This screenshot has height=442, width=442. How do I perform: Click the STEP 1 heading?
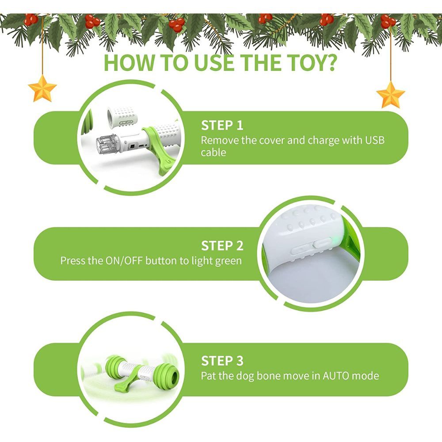pyautogui.click(x=222, y=126)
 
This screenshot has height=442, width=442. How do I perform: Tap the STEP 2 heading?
pyautogui.click(x=222, y=246)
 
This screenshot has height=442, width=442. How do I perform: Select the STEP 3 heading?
pyautogui.click(x=222, y=361)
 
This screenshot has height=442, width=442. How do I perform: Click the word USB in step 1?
pyautogui.click(x=375, y=140)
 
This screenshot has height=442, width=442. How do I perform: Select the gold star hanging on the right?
pyautogui.click(x=390, y=95)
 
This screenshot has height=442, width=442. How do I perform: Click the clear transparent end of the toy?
pyautogui.click(x=105, y=145)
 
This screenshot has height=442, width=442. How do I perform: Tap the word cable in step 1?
pyautogui.click(x=213, y=152)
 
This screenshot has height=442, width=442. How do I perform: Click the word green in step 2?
pyautogui.click(x=229, y=261)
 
